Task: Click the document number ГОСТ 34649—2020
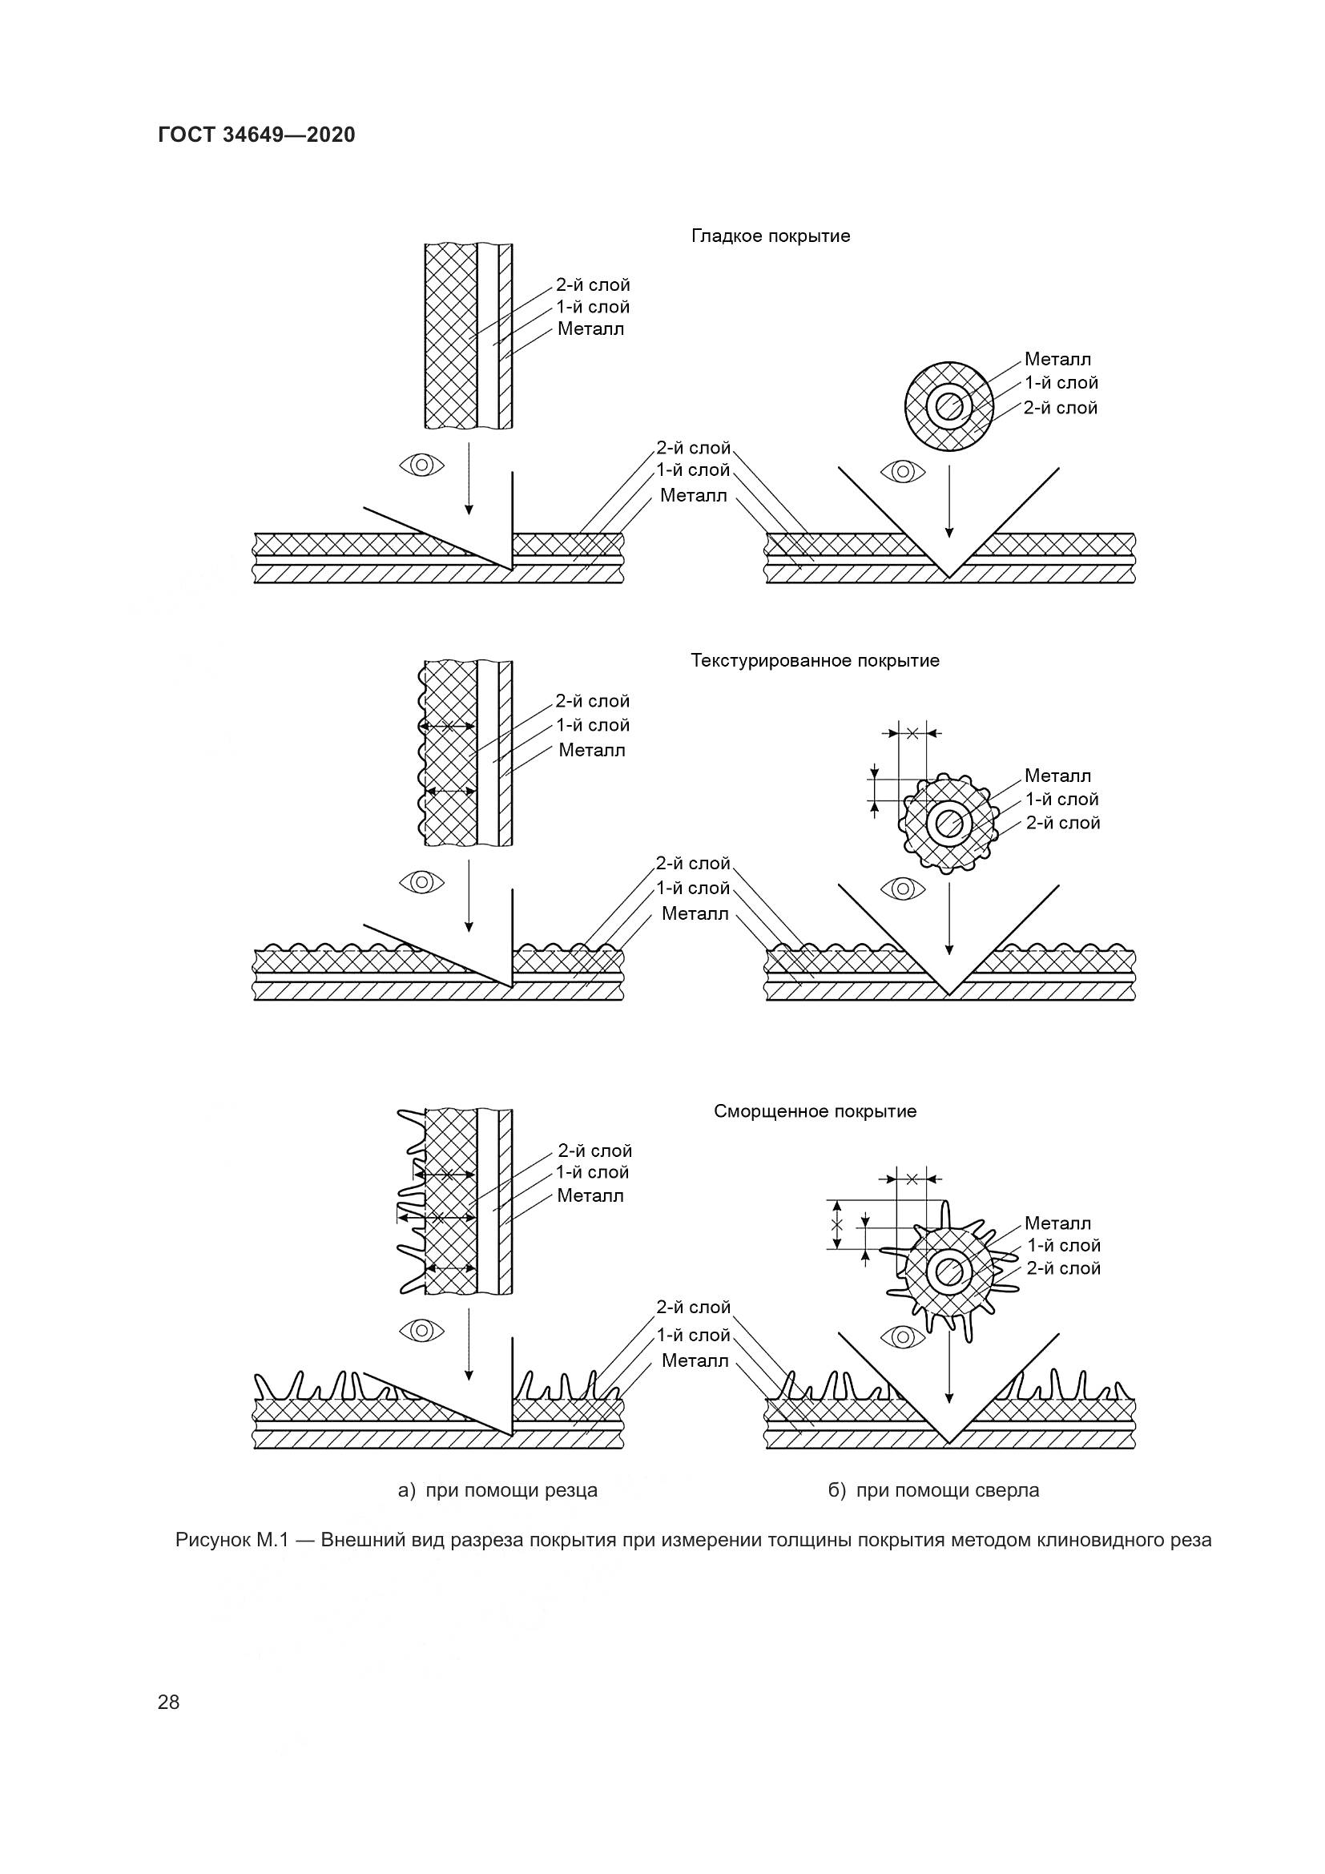pos(256,135)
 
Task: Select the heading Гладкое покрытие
pos(770,236)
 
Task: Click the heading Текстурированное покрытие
pos(815,660)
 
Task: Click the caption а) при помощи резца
pos(497,1490)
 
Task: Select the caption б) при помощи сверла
pos(933,1490)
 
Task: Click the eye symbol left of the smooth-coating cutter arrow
pos(422,465)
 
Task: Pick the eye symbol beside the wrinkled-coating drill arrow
pos(902,1336)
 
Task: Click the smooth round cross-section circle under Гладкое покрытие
pos(948,405)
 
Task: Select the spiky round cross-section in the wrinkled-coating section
pos(948,1270)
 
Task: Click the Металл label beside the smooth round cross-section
pos(1057,359)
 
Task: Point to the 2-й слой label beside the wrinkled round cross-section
pos(1063,1268)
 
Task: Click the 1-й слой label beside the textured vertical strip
pos(593,725)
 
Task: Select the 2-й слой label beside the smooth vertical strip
pos(593,285)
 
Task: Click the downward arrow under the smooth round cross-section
pos(948,502)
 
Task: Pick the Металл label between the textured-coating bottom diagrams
pos(695,913)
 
